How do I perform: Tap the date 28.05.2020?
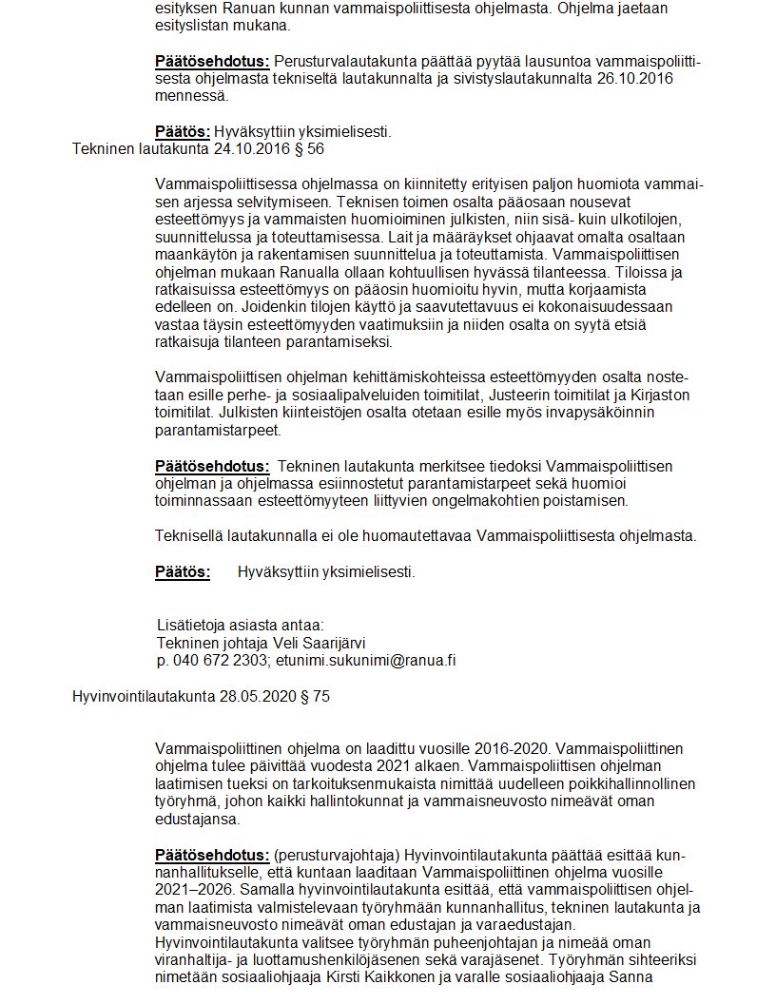coord(251,697)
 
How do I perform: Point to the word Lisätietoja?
coord(194,625)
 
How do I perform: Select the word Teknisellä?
coord(190,536)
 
